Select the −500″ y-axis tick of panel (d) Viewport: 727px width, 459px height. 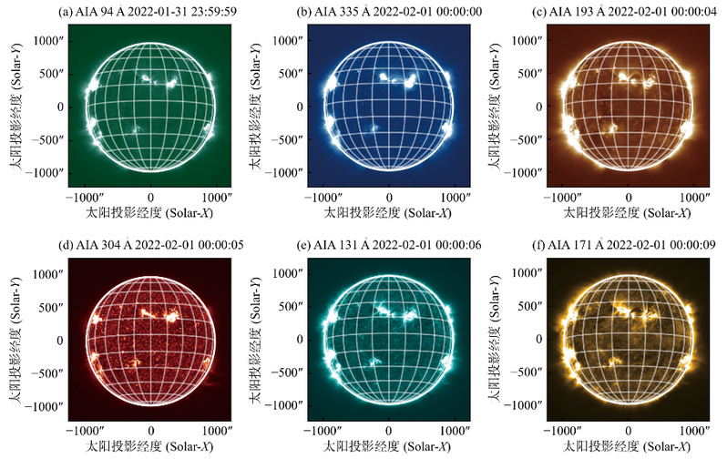(x=46, y=372)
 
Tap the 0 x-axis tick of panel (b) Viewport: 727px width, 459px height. (x=389, y=197)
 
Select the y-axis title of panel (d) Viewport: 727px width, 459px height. (x=16, y=340)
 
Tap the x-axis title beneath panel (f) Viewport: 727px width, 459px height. (x=628, y=446)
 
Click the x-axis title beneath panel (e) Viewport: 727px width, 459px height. (x=389, y=446)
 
